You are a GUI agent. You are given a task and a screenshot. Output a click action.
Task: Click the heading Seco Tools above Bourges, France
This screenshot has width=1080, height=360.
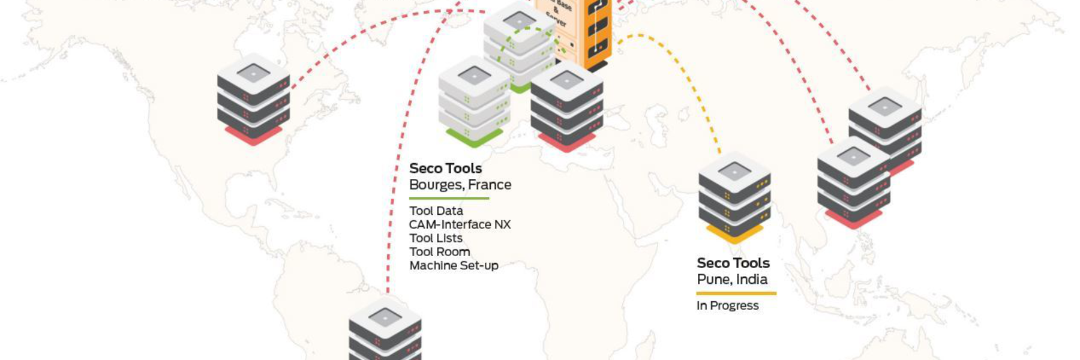(445, 169)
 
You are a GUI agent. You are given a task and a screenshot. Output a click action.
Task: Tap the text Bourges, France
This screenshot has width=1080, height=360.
(460, 185)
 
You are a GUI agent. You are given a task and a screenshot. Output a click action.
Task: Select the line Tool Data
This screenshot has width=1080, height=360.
(436, 211)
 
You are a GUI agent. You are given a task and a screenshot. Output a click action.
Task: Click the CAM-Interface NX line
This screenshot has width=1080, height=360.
(460, 224)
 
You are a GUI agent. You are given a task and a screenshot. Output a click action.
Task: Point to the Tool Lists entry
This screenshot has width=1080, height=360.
(436, 238)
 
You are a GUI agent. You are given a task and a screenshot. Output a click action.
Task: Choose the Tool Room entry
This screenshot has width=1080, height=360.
(439, 252)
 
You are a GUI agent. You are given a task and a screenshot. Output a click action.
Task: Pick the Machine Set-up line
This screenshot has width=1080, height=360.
(454, 266)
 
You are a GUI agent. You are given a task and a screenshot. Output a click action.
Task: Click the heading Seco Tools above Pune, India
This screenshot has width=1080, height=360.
(733, 263)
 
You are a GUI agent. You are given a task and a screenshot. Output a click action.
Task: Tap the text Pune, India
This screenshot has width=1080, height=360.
(732, 280)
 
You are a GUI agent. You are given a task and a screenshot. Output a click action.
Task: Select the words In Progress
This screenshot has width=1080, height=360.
(727, 306)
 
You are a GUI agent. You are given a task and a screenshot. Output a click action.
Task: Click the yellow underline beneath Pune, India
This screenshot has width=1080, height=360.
(736, 293)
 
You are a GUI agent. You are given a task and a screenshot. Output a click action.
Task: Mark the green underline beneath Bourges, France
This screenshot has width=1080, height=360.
(449, 198)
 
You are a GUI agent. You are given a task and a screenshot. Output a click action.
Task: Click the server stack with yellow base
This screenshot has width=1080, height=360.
(734, 198)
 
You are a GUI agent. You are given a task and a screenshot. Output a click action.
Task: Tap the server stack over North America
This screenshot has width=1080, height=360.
(253, 99)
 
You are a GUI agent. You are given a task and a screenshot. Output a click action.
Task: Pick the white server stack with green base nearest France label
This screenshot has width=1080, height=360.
(474, 102)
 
